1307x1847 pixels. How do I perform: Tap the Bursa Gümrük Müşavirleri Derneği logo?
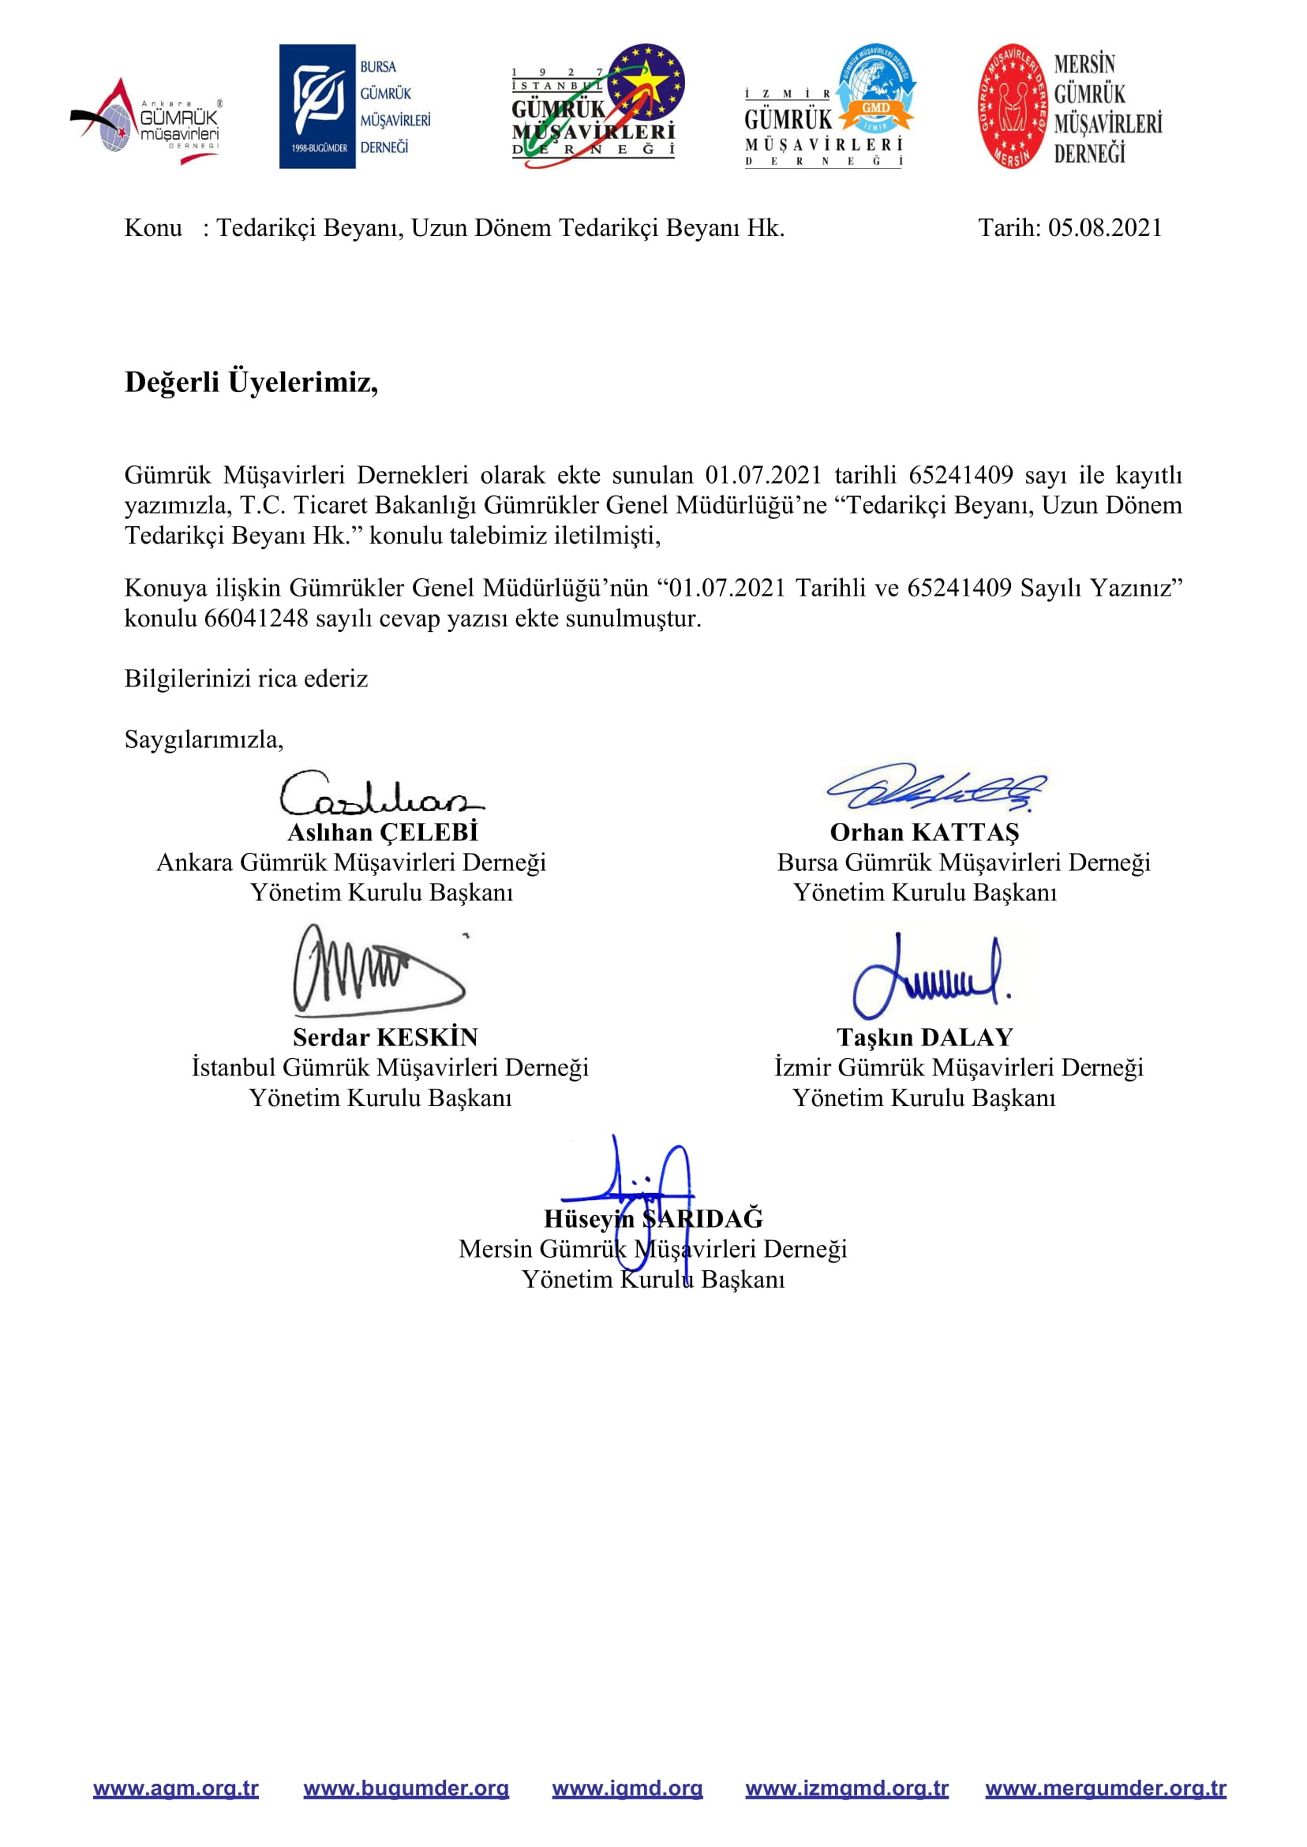tap(355, 107)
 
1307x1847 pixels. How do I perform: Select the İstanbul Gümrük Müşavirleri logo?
tap(597, 107)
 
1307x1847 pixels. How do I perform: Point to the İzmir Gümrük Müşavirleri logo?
tap(829, 107)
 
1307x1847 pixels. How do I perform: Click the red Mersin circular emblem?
tap(1013, 107)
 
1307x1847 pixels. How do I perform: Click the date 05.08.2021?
tap(1104, 229)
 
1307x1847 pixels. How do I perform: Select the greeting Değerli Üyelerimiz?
tap(251, 382)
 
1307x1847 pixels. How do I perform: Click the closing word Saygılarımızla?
tap(204, 739)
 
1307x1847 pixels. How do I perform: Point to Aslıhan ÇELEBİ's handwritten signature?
tap(380, 795)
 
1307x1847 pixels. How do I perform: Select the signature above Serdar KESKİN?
tap(376, 970)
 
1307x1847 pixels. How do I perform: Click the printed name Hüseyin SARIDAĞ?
tap(653, 1219)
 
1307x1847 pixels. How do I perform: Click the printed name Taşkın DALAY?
tap(924, 1038)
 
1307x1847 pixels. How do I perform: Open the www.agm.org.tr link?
tap(175, 1789)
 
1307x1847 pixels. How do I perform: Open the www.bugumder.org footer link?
tap(406, 1789)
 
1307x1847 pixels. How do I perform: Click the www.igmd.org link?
tap(627, 1789)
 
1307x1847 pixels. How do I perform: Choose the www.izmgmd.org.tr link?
tap(847, 1789)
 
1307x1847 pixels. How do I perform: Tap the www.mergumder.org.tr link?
tap(1105, 1789)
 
